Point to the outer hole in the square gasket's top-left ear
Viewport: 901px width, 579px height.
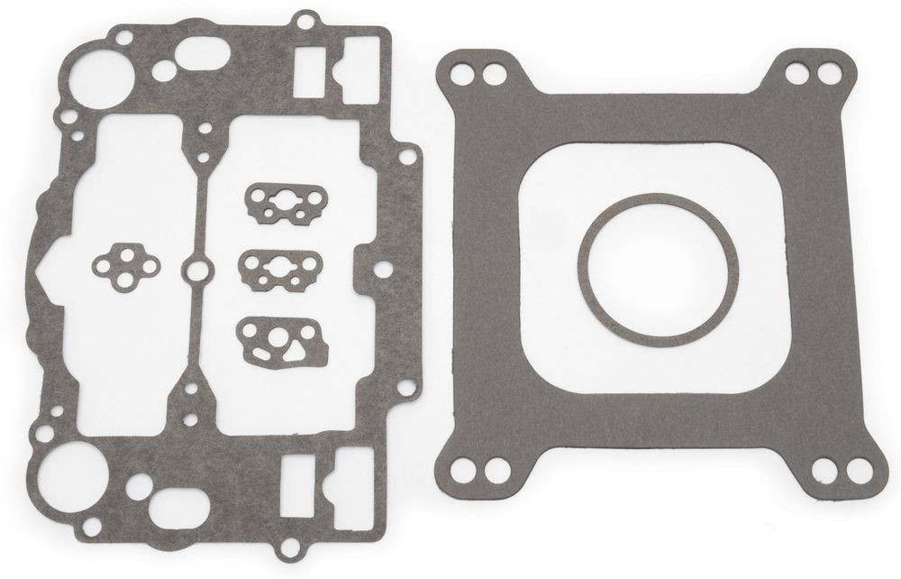(x=464, y=72)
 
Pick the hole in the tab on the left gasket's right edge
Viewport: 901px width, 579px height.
(x=382, y=270)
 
